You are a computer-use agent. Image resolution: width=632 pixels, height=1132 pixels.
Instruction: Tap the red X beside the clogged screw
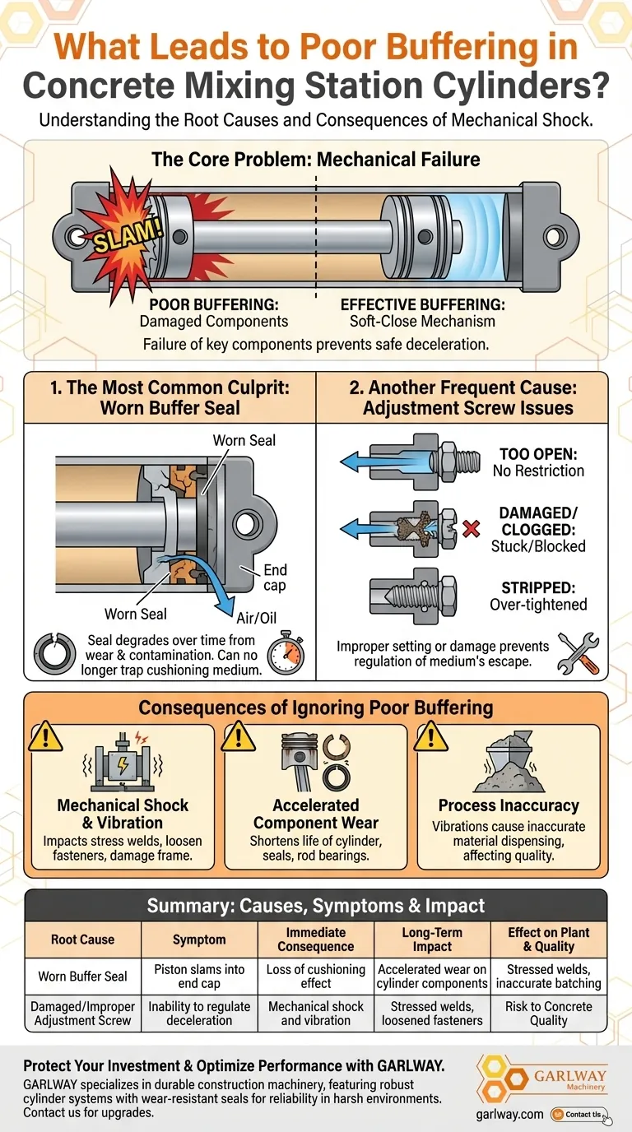pos(472,528)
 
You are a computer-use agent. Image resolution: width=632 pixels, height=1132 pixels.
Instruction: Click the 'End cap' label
pos(275,578)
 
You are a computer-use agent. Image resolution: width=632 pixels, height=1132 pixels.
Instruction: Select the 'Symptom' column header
pos(200,939)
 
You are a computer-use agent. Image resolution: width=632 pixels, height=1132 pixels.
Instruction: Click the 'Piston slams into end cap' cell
pos(200,977)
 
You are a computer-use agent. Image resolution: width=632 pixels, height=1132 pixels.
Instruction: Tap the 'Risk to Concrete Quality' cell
pos(548,1014)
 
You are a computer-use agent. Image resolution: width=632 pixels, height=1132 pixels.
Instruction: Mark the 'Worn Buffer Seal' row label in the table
pos(82,977)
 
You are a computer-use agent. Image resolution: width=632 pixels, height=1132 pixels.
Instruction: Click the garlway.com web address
pos(510,1114)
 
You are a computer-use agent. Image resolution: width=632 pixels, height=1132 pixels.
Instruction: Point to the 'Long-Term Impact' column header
pos(432,939)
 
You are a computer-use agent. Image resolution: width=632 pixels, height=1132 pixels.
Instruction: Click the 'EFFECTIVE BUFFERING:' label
pos(423,304)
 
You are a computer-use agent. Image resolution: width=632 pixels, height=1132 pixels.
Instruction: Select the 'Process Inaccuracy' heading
pos(509,805)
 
